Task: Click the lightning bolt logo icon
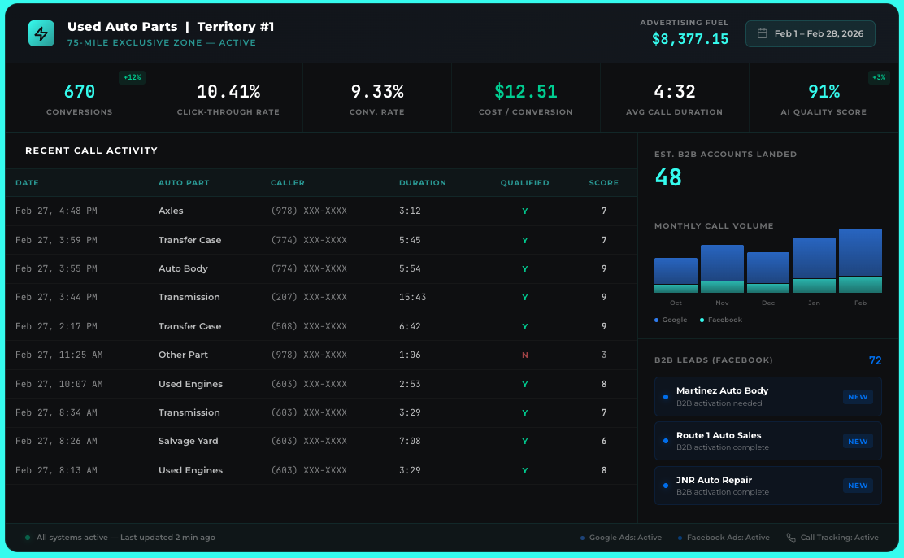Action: [x=41, y=33]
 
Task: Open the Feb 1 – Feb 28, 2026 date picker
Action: [x=810, y=33]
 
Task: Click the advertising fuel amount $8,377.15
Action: [x=689, y=38]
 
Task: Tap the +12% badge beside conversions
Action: [x=132, y=78]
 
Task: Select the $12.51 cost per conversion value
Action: [x=525, y=92]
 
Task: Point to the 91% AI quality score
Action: [x=824, y=92]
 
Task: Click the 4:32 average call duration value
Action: [x=674, y=92]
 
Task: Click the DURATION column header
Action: [x=422, y=183]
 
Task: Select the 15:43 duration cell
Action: [x=412, y=298]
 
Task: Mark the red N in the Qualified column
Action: [x=524, y=355]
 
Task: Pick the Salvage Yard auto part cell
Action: [x=188, y=442]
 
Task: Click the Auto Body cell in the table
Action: [x=183, y=269]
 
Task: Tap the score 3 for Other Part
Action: [x=603, y=355]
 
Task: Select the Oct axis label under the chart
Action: [x=676, y=303]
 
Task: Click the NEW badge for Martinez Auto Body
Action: [x=858, y=397]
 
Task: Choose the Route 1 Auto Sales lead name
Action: [x=719, y=436]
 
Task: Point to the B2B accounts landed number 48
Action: [x=668, y=177]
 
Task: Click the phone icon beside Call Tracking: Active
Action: [x=791, y=538]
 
